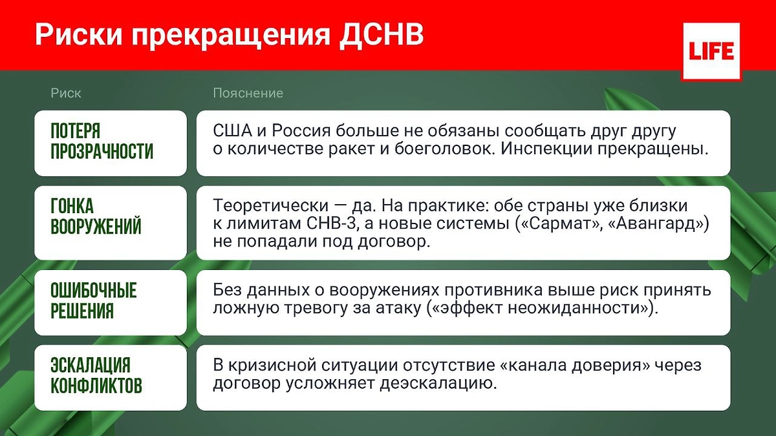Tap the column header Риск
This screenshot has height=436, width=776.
(66, 93)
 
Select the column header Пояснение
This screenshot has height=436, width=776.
(248, 93)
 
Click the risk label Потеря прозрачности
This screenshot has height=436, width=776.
(102, 142)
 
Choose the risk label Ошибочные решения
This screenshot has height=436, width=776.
(94, 301)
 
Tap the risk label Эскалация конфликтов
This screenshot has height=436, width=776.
(96, 376)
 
